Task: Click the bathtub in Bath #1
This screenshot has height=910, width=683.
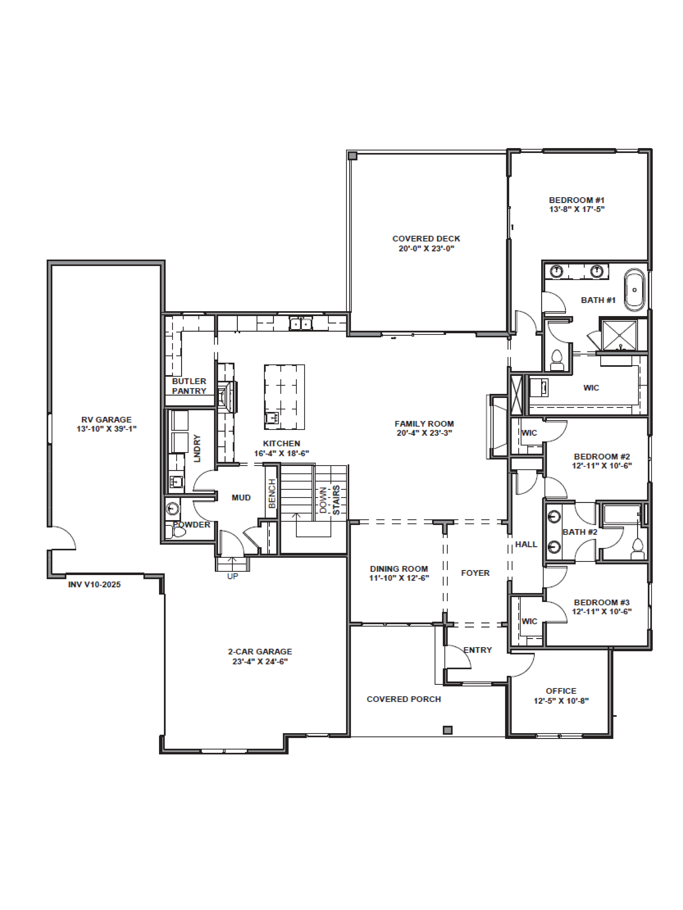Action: click(x=634, y=290)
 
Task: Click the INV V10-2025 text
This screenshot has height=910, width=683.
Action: click(x=94, y=585)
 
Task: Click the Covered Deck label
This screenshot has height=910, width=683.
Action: click(x=426, y=239)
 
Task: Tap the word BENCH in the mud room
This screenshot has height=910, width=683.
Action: click(x=272, y=493)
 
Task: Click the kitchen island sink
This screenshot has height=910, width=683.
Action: click(x=272, y=418)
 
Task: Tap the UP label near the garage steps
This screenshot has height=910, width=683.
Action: click(x=233, y=576)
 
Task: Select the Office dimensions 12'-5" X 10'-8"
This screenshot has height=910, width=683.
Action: click(x=561, y=701)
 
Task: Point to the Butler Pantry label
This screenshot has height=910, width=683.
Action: click(x=189, y=386)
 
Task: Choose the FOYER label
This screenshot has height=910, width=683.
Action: click(x=475, y=573)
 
